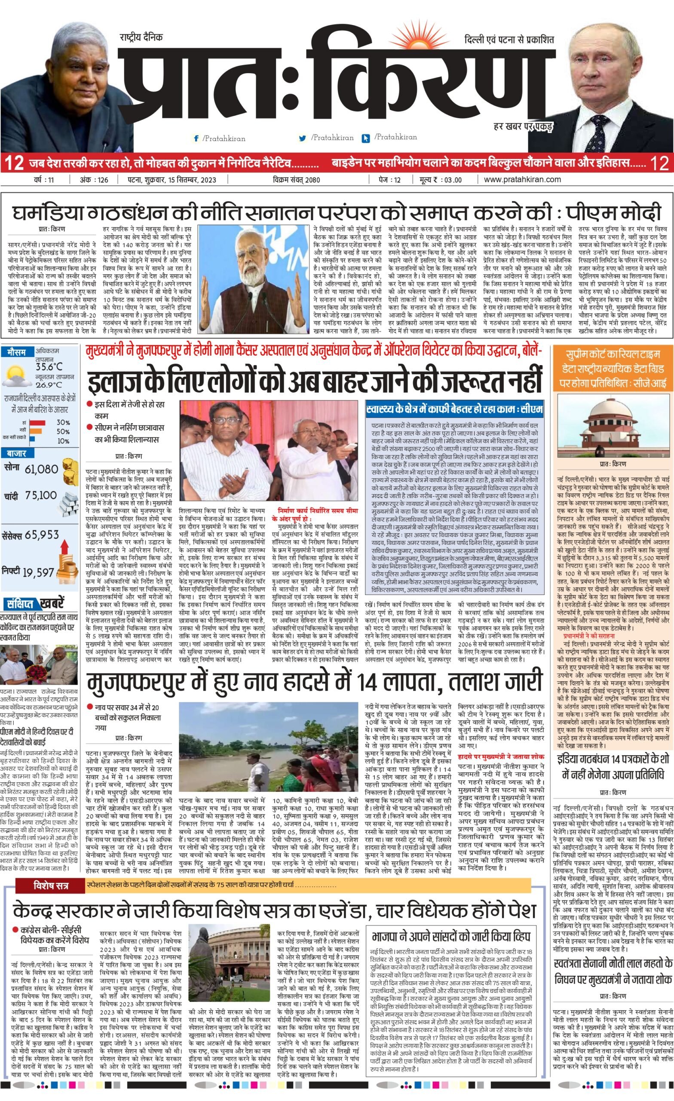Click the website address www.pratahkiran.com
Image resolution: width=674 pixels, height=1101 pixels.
pos(522,179)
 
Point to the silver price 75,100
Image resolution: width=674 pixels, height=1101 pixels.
pos(41,495)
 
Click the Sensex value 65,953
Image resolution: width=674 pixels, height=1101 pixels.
pos(42,535)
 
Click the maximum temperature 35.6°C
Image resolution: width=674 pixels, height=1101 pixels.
pos(49,367)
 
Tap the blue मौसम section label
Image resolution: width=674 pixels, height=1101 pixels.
pos(16,352)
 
